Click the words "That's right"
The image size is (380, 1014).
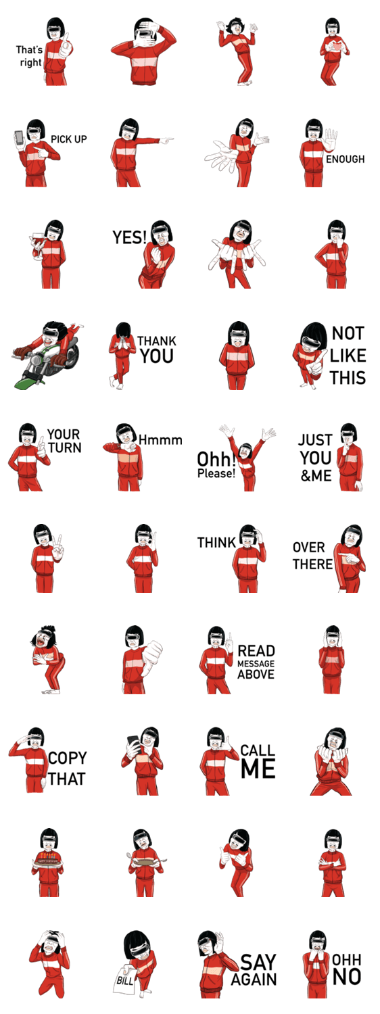pos(30,55)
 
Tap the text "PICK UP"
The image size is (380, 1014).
pos(68,139)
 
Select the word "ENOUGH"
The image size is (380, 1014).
pos(345,159)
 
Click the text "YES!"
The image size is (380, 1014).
pos(130,237)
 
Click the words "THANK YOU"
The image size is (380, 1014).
pos(157,349)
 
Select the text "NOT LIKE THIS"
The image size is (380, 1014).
pos(348,356)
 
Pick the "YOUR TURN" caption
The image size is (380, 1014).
pos(64,441)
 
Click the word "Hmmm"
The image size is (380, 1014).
pos(160,439)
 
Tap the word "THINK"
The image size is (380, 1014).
pos(216,542)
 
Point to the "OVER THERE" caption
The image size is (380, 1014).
pos(312,556)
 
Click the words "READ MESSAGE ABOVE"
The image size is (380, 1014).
pos(256,662)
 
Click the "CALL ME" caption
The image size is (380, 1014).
pos(258,761)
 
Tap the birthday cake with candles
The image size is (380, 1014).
pos(47,859)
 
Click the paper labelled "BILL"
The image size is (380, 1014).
pos(125,980)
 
